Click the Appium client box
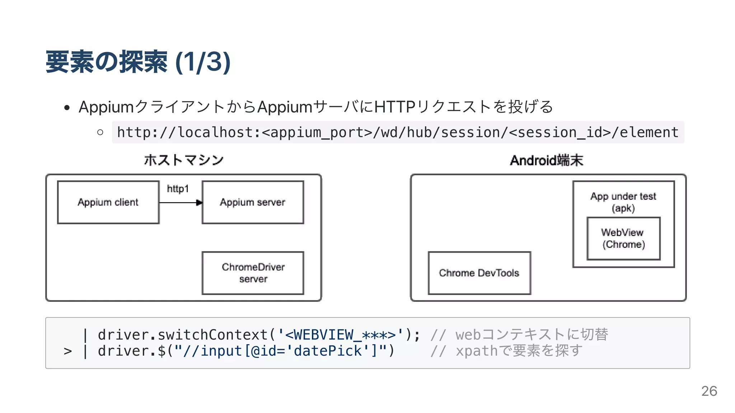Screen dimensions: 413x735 pyautogui.click(x=108, y=203)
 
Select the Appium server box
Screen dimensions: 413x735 pyautogui.click(x=253, y=203)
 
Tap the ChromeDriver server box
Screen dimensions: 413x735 pyautogui.click(x=253, y=273)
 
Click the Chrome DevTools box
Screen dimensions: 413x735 pyautogui.click(x=479, y=273)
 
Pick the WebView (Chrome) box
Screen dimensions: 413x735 pyautogui.click(x=623, y=239)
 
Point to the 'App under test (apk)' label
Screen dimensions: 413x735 pyautogui.click(x=623, y=202)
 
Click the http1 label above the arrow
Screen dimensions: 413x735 pyautogui.click(x=178, y=189)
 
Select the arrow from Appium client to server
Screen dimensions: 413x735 pyautogui.click(x=181, y=203)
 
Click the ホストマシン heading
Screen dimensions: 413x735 pyautogui.click(x=184, y=160)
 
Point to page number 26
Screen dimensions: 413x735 pyautogui.click(x=709, y=391)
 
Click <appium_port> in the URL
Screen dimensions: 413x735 pyautogui.click(x=317, y=133)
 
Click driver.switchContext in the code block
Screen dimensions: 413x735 pyautogui.click(x=183, y=335)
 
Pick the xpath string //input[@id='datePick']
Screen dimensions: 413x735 pyautogui.click(x=281, y=351)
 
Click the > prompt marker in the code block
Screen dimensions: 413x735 pyautogui.click(x=68, y=351)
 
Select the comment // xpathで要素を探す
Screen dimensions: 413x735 pyautogui.click(x=506, y=351)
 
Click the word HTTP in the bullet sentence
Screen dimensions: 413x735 pyautogui.click(x=395, y=107)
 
